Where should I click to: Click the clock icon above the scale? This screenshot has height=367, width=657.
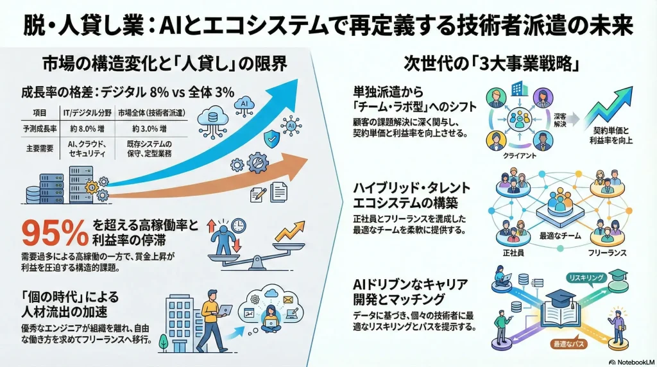click(x=238, y=225)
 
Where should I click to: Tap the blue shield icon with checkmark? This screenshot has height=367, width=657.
click(x=271, y=137)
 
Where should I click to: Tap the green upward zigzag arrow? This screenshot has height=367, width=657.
click(x=610, y=104)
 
